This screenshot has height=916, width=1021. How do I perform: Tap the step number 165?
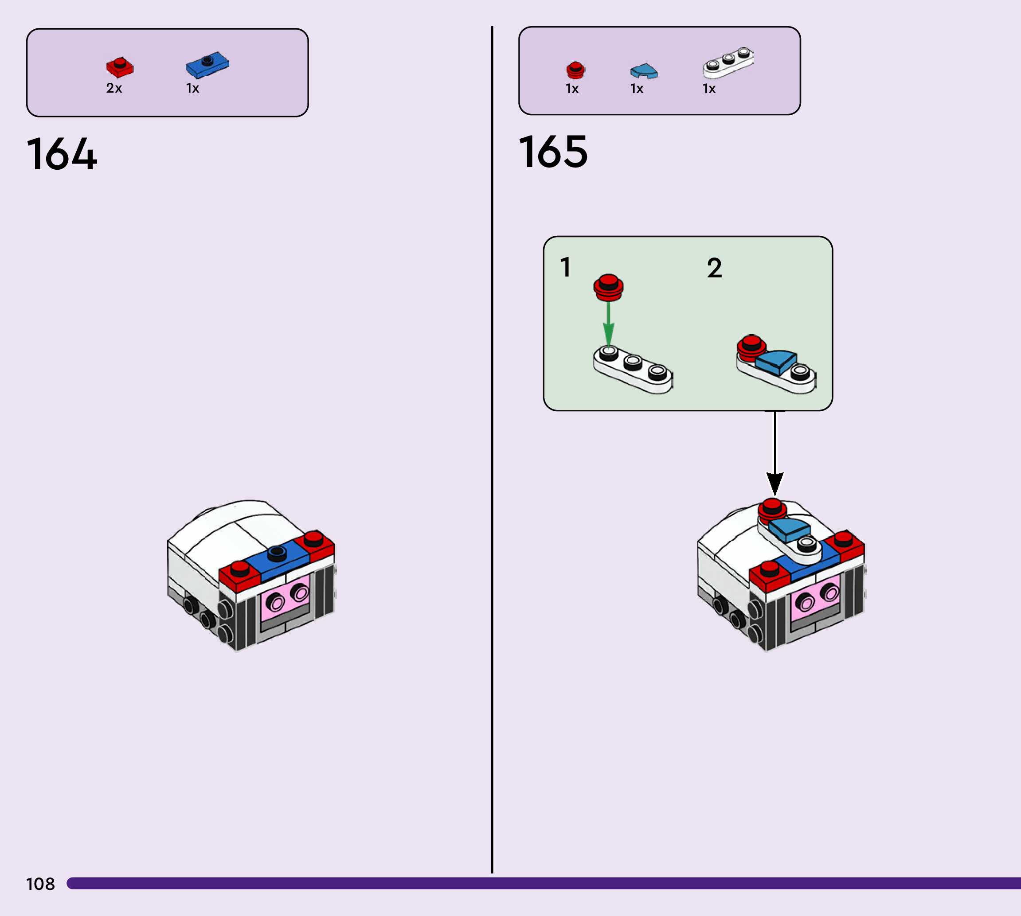[x=553, y=152]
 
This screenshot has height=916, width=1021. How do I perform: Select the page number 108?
[x=40, y=884]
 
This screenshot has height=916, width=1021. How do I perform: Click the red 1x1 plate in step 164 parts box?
[x=120, y=67]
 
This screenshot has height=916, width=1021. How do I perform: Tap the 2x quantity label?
[x=114, y=89]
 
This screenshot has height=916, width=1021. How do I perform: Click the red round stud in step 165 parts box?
[x=575, y=70]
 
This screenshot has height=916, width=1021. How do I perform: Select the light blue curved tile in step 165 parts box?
[x=644, y=71]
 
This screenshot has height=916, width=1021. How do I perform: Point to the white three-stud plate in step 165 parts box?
[x=728, y=63]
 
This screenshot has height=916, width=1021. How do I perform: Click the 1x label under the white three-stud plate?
[x=709, y=89]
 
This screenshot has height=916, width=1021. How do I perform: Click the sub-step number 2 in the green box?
[x=714, y=268]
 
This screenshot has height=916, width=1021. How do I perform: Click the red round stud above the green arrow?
[x=609, y=287]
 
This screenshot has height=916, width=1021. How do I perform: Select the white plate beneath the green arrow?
[x=632, y=371]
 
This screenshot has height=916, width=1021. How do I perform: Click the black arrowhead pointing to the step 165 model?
[x=775, y=483]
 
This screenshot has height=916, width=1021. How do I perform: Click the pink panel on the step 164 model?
[x=286, y=598]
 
